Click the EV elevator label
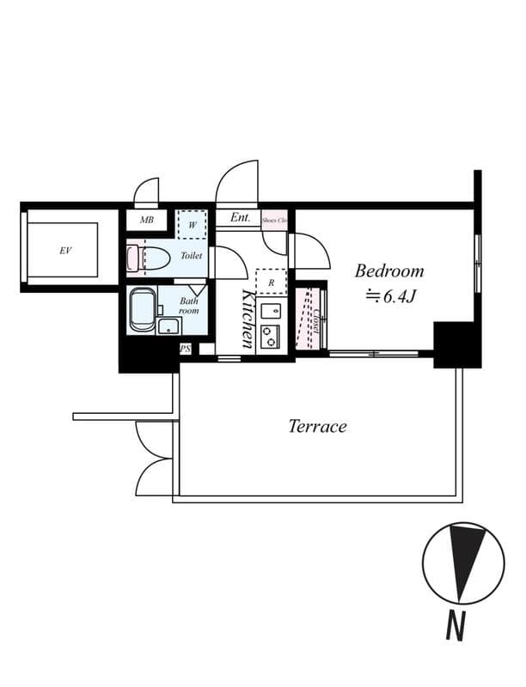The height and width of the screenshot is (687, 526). [x=64, y=251]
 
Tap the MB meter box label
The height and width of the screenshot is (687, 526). [x=147, y=221]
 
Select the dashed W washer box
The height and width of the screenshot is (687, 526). [x=192, y=225]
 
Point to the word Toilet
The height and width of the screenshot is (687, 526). [x=192, y=256]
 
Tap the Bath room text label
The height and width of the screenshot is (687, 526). [x=189, y=306]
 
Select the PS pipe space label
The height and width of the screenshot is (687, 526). [x=185, y=349]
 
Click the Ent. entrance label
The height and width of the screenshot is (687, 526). [x=240, y=218]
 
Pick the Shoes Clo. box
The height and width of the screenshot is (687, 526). [x=274, y=220]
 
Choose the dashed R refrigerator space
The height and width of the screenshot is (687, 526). [x=271, y=282]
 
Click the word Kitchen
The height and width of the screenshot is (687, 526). [x=248, y=319]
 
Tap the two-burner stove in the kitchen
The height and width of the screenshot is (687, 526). [x=271, y=336]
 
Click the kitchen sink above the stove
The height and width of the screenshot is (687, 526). [x=271, y=310]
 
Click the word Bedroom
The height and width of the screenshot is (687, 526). [x=389, y=271]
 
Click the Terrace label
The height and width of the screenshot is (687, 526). [x=317, y=426]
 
